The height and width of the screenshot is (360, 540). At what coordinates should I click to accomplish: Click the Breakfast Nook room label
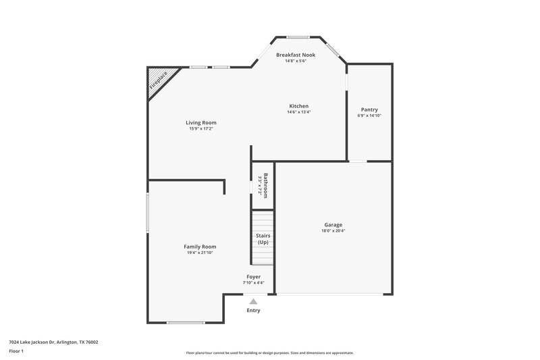(296, 54)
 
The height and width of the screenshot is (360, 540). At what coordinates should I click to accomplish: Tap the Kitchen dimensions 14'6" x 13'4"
(298, 112)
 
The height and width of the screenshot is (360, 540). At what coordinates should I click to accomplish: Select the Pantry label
(369, 109)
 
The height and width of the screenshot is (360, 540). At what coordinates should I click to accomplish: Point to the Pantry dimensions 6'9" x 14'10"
(369, 115)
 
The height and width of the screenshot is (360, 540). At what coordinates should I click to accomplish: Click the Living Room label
(201, 122)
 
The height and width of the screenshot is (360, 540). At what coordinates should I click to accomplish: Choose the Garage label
(333, 225)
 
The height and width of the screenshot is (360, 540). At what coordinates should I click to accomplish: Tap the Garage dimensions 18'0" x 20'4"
(333, 231)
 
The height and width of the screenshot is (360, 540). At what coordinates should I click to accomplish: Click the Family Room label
(200, 247)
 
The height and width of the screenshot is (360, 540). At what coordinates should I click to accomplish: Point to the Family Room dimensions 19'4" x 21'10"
(200, 253)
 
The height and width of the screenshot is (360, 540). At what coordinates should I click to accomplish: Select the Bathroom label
(266, 184)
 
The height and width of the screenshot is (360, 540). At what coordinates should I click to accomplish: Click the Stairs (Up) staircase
(263, 238)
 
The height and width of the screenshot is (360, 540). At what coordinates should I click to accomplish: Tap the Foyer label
(253, 276)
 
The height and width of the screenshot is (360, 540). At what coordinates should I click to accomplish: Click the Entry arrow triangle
(253, 302)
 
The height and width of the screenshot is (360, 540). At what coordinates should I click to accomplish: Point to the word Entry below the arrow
(253, 311)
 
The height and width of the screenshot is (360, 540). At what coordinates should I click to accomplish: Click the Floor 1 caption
(16, 351)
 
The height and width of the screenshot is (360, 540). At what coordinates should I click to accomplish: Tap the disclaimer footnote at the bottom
(269, 353)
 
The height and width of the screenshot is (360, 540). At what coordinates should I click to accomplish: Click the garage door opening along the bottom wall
(333, 294)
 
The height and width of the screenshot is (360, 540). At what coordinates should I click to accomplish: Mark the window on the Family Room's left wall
(148, 213)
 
